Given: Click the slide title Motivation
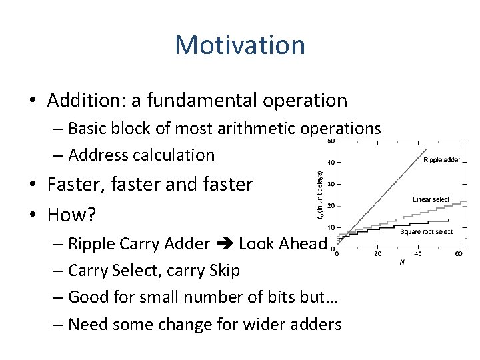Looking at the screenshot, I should pyautogui.click(x=240, y=45).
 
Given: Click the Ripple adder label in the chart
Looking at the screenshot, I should pyautogui.click(x=441, y=160).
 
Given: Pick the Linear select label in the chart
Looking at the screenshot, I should pyautogui.click(x=431, y=199).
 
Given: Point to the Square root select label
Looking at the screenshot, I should pyautogui.click(x=427, y=232).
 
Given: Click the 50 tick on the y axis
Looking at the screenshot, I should pyautogui.click(x=331, y=141).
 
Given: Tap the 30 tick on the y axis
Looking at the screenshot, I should pyautogui.click(x=331, y=184).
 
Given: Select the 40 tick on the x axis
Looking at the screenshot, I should pyautogui.click(x=417, y=254).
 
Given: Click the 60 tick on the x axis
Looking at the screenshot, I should pyautogui.click(x=459, y=254).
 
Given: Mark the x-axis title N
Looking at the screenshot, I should pyautogui.click(x=401, y=262).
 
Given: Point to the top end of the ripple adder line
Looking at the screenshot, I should pyautogui.click(x=426, y=149).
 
